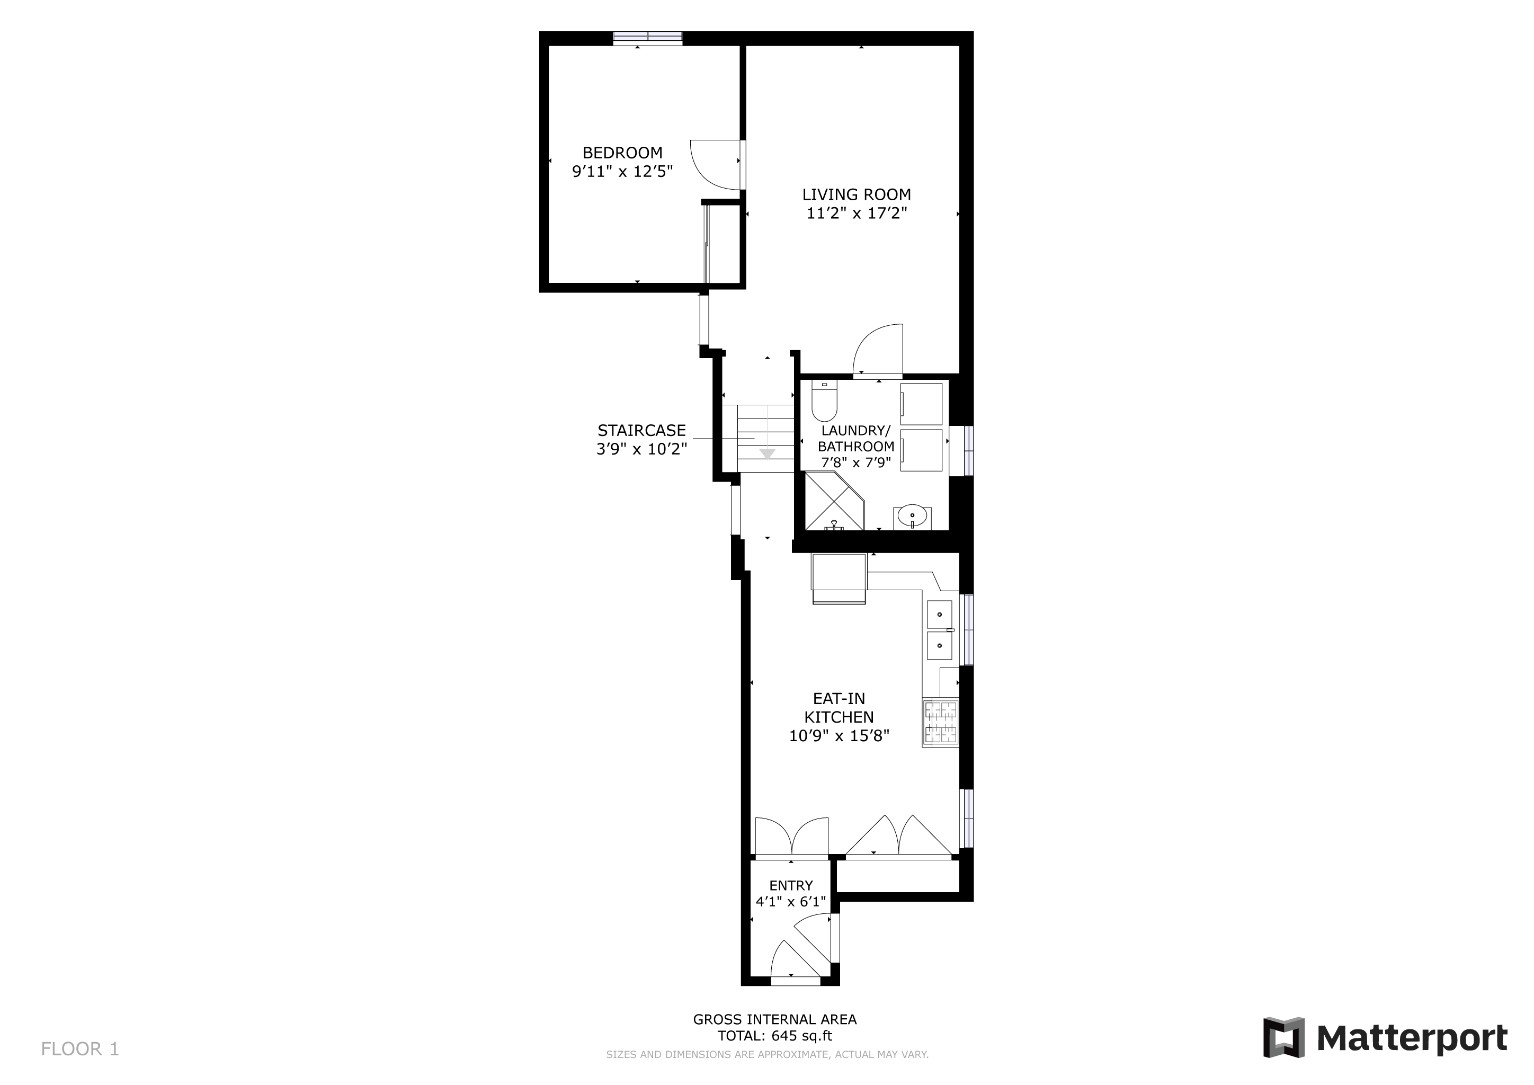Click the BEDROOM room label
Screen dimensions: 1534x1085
coord(622,153)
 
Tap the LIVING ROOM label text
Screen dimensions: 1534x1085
coord(857,194)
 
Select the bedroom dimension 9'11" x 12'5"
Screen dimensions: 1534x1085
coord(622,172)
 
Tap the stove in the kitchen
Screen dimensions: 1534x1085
coord(941,722)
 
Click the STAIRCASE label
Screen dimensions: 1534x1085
coord(641,430)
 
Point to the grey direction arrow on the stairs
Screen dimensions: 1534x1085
coord(767,453)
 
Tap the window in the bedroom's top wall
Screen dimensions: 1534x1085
coord(647,38)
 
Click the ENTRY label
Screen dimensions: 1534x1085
coord(791,886)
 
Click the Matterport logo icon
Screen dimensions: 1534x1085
coord(1283,1037)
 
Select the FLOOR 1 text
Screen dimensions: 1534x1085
coord(80,1049)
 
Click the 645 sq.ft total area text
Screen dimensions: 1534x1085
coord(802,1036)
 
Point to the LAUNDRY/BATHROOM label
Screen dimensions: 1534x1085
coord(856,438)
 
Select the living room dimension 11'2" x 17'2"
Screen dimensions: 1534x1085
coord(857,213)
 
